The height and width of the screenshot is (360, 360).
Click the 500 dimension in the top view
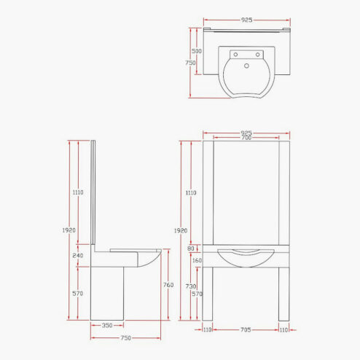point(197,51)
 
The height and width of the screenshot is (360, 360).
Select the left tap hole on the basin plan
point(235,55)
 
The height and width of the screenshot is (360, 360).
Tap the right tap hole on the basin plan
point(257,55)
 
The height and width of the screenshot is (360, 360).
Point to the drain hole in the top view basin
point(246,66)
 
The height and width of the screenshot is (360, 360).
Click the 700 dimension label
point(246,138)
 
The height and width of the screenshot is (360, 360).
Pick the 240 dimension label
point(78,256)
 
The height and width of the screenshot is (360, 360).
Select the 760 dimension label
point(168,285)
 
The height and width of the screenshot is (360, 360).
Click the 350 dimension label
point(107,325)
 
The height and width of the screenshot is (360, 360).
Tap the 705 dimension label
point(246,329)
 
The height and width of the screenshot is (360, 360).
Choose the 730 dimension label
point(191,286)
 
